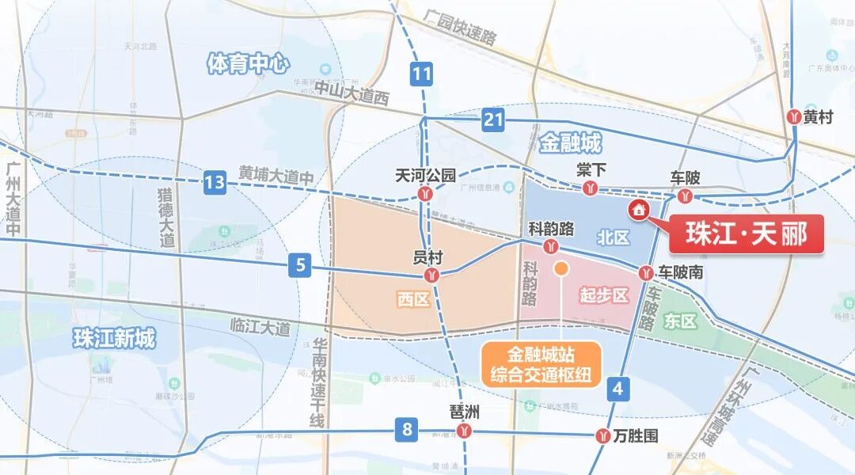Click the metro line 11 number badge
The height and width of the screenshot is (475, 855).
pos(422,76)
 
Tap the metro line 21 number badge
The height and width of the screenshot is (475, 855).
pos(493,120)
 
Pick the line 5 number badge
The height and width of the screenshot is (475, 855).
pos(299,266)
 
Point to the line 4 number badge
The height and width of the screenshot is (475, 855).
pos(617,389)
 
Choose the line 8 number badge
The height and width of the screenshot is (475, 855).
pos(407,431)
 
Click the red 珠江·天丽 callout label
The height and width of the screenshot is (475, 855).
pos(746,234)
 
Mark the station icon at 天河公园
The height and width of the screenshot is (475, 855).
pos(426,192)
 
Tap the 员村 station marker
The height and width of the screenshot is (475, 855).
pos(431,275)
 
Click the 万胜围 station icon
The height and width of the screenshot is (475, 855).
pos(604,435)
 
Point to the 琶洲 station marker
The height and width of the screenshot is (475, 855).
pos(464,431)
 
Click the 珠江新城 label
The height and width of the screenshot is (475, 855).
pos(114,338)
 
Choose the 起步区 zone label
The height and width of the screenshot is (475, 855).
pos(603,295)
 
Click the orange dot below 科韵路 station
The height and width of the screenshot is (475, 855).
pos(560,269)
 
